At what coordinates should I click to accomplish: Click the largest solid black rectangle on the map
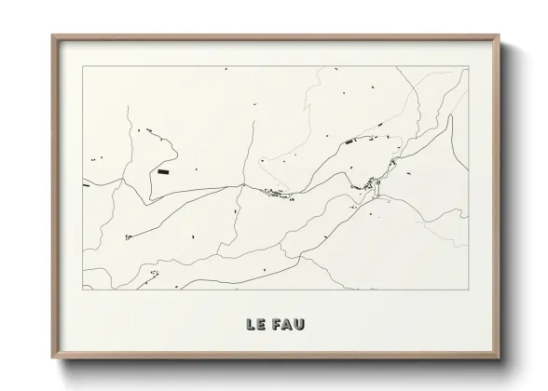click(x=164, y=171)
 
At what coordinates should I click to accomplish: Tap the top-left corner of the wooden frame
click(x=52, y=36)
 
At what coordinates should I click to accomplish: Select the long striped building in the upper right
click(x=350, y=141)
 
